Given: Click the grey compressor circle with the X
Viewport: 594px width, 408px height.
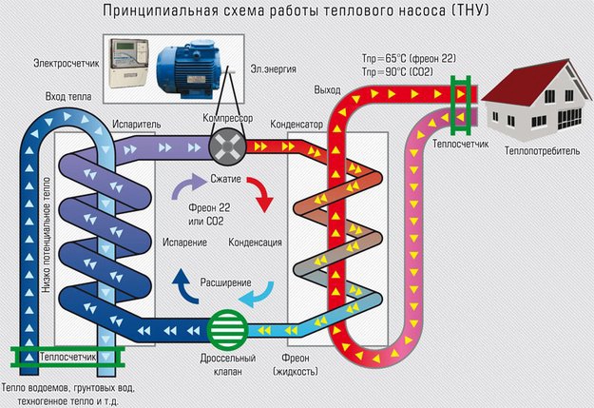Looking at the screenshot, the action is [x=227, y=146].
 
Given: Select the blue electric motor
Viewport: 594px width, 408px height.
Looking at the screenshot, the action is [x=189, y=69].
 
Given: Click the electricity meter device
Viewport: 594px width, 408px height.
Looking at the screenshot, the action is [x=129, y=63].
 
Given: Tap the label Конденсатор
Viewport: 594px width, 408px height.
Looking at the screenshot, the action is [x=297, y=125].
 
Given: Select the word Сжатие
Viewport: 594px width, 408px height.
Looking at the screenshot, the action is [x=226, y=179].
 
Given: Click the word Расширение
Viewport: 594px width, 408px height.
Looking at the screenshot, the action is [x=226, y=282].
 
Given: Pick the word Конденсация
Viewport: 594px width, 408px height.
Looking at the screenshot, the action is [x=255, y=243].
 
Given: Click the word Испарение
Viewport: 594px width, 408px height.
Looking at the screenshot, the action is [x=184, y=243].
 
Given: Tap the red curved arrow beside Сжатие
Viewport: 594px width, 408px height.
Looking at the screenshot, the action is [x=263, y=193].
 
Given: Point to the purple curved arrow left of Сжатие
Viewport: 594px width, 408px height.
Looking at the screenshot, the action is [x=185, y=185].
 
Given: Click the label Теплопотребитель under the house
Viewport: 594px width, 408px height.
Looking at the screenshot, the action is [x=542, y=151].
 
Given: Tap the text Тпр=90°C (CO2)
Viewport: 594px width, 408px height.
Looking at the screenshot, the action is [x=397, y=72].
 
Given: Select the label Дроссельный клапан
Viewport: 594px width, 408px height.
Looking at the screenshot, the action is [x=228, y=365].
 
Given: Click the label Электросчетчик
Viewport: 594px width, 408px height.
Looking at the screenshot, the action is [x=67, y=63].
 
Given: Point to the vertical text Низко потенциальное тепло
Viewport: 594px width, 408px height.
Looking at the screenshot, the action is [x=46, y=235].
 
